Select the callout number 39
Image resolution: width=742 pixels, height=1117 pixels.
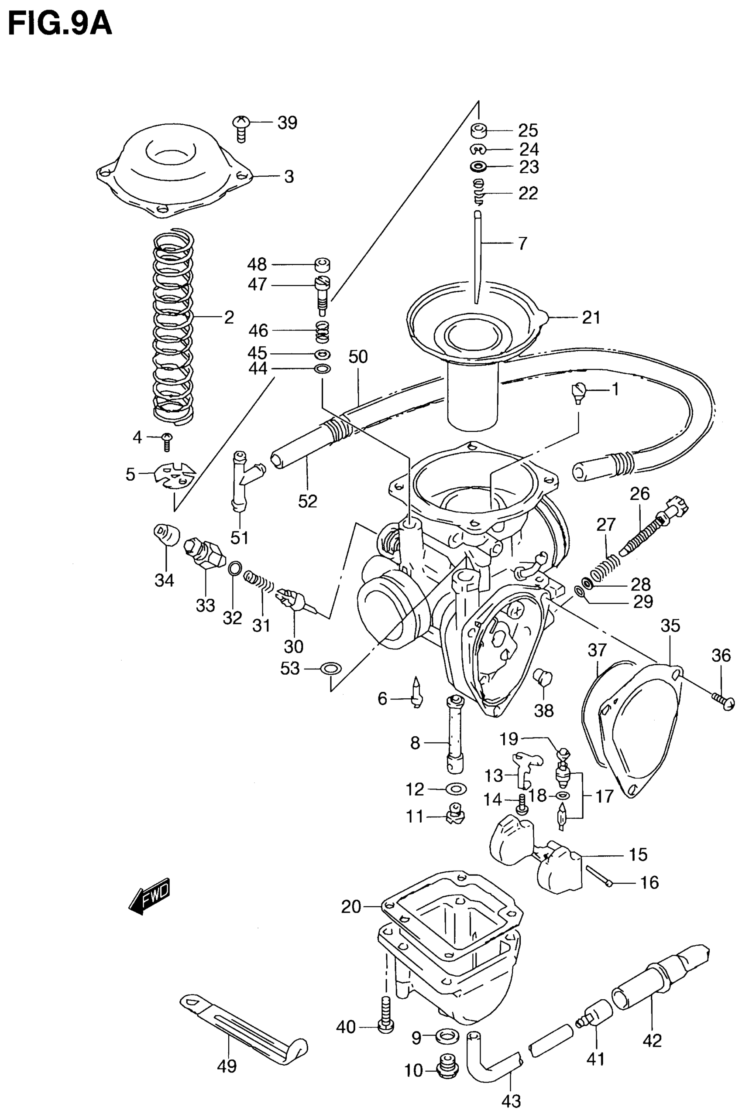[287, 123]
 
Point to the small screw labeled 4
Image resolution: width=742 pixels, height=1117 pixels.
[167, 442]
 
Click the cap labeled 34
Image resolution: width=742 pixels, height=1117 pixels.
[167, 534]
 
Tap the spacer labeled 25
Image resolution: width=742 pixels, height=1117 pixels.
[478, 130]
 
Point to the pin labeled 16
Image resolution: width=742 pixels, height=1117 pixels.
[600, 875]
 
